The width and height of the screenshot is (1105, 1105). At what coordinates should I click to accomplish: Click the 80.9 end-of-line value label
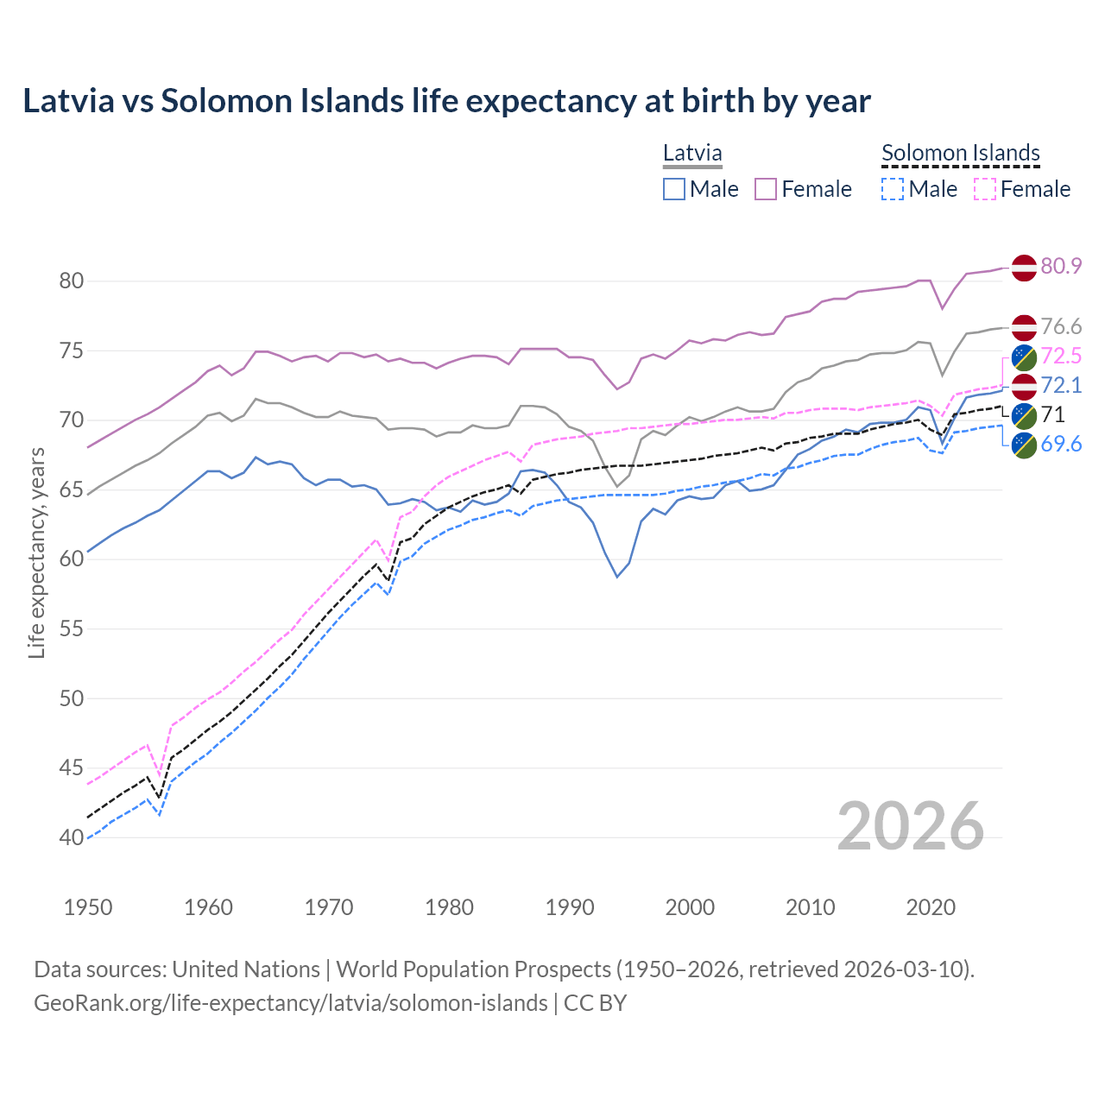click(x=1061, y=266)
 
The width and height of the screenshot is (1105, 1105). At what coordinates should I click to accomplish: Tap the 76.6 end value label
click(x=1061, y=326)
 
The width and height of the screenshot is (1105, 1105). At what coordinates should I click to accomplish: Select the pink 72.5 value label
click(x=1061, y=356)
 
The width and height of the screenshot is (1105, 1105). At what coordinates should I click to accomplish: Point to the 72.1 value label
click(x=1061, y=385)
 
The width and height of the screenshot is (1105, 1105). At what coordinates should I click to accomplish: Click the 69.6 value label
click(x=1061, y=444)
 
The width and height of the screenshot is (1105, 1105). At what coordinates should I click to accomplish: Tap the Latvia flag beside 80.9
click(x=1024, y=268)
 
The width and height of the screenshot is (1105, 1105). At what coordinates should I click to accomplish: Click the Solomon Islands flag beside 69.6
click(x=1024, y=445)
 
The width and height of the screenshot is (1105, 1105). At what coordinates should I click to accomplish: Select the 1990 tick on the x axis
click(x=570, y=907)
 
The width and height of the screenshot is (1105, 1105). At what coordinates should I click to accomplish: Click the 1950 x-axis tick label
click(x=88, y=907)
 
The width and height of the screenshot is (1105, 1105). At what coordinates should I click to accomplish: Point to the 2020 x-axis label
click(x=931, y=907)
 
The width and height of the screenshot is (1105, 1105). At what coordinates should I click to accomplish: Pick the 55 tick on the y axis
click(x=72, y=629)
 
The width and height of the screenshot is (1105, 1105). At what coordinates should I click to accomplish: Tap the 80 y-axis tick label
click(x=72, y=281)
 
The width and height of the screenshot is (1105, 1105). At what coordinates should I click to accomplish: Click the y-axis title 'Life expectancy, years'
click(x=37, y=552)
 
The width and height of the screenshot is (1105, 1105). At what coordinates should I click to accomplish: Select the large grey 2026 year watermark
click(x=910, y=826)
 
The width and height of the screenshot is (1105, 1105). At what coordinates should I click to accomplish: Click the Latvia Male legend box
click(x=674, y=189)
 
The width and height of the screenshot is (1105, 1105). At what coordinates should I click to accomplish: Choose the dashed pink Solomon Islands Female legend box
click(x=984, y=189)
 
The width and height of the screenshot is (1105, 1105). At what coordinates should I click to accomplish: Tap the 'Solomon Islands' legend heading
click(x=960, y=153)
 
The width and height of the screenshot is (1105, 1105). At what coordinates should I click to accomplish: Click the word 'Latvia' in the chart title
click(x=68, y=101)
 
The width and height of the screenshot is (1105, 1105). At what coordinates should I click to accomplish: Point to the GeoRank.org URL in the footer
click(x=290, y=1003)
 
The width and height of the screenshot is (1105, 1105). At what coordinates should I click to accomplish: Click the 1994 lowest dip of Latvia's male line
click(x=617, y=576)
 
